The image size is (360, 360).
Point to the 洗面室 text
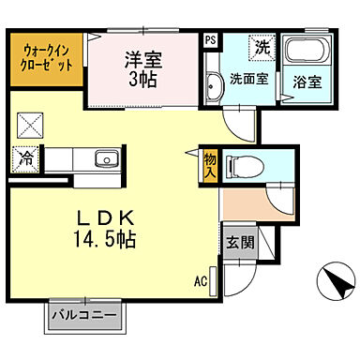tap(249, 79)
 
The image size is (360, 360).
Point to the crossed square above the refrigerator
tap(28, 125)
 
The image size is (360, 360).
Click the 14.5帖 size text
tap(104, 239)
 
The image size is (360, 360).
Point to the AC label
tap(201, 280)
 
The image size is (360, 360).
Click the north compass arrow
tap(333, 280)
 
